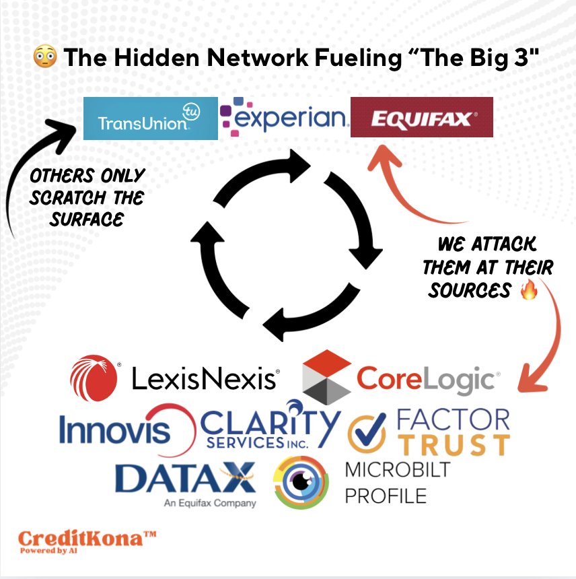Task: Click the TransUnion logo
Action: click(x=150, y=118)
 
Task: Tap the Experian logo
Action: click(x=284, y=117)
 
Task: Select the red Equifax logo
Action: click(x=422, y=117)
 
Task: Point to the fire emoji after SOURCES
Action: click(x=530, y=291)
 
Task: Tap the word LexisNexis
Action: click(x=205, y=379)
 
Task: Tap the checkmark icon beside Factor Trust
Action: click(x=367, y=433)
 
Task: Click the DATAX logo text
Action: click(x=186, y=477)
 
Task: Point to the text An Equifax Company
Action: click(x=210, y=502)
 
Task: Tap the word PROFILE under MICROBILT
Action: click(x=386, y=496)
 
